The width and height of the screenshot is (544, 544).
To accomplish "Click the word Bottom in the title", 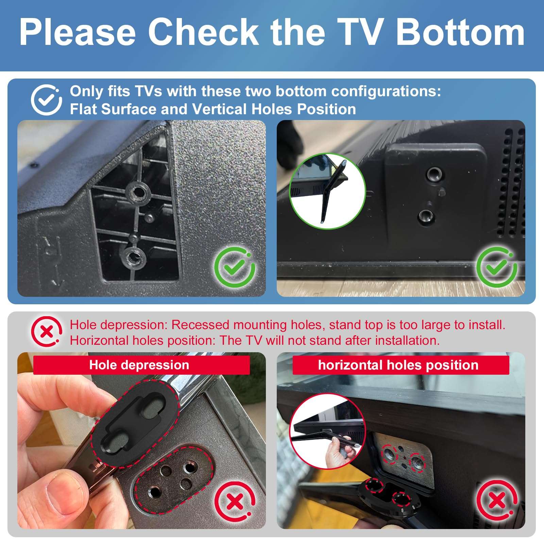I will (460, 32).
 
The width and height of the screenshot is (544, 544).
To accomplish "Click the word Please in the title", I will (78, 32).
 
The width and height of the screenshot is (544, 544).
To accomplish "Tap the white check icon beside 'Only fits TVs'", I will (46, 100).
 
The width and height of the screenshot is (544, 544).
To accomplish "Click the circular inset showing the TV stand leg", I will (327, 191).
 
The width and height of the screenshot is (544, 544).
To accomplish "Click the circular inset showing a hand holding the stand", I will (327, 432).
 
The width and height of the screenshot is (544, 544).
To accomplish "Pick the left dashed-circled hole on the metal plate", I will (390, 454).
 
